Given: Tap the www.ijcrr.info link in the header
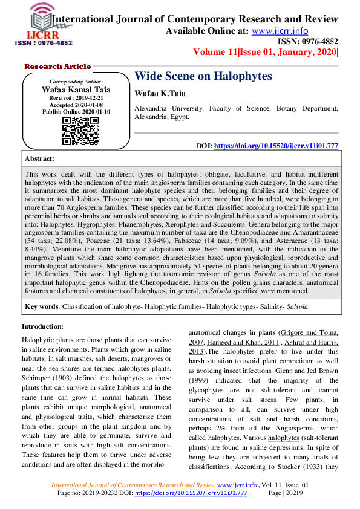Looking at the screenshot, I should click(x=280, y=31).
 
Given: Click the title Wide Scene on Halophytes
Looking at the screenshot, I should click(x=203, y=76).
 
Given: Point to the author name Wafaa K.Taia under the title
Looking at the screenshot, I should click(x=159, y=94).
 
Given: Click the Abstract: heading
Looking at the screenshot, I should click(x=39, y=158).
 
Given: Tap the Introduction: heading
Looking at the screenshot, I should click(x=46, y=326).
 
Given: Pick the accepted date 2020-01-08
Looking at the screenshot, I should click(x=91, y=105).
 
